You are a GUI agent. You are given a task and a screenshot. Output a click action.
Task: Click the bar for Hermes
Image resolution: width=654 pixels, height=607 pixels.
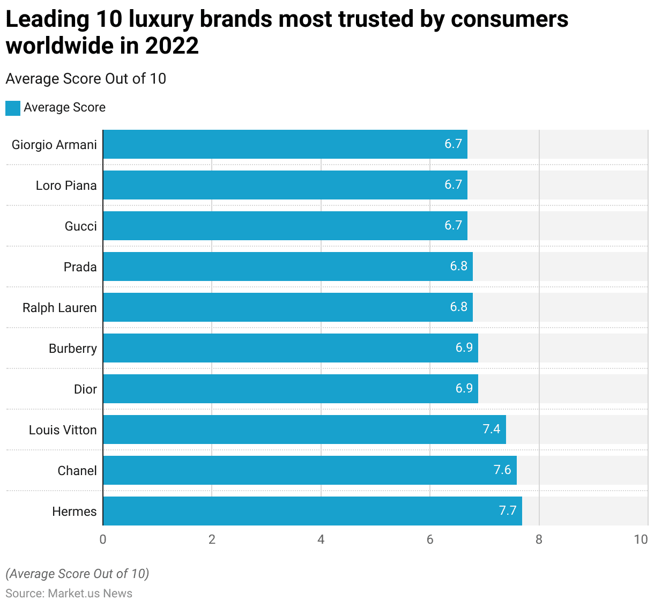pyautogui.click(x=312, y=511)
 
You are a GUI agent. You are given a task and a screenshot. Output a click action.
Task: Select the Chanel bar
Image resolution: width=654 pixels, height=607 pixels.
pyautogui.click(x=309, y=470)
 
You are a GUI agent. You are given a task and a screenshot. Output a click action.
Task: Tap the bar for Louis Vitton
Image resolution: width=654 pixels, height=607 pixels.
pyautogui.click(x=304, y=430)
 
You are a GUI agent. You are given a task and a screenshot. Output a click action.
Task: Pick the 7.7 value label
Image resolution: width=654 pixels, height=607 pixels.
pyautogui.click(x=507, y=510)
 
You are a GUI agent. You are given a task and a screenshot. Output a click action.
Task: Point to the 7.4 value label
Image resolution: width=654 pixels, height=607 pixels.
pyautogui.click(x=491, y=429)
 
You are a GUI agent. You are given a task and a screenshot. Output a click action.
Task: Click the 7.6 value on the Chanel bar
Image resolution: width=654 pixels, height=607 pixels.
pyautogui.click(x=502, y=470)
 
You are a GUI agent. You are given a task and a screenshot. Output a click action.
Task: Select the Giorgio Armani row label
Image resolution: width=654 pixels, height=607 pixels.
pyautogui.click(x=54, y=145)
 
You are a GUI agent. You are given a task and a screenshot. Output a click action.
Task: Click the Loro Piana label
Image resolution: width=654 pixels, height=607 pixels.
pyautogui.click(x=66, y=186)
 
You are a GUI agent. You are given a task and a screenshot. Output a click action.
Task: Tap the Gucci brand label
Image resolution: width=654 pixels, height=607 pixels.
pyautogui.click(x=80, y=226)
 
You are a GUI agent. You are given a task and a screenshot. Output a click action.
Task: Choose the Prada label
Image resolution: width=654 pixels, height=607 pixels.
pyautogui.click(x=80, y=267)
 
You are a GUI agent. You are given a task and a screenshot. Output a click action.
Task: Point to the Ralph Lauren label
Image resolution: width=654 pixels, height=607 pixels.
pyautogui.click(x=60, y=308)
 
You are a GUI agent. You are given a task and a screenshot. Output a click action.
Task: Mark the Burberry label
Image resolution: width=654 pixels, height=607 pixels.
pyautogui.click(x=72, y=349)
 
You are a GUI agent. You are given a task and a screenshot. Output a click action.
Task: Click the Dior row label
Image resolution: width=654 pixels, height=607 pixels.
pyautogui.click(x=85, y=389)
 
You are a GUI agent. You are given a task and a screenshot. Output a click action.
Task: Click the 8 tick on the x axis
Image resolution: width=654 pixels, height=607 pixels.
pyautogui.click(x=539, y=539)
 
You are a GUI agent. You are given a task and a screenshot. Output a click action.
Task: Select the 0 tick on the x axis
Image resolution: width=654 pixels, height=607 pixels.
pyautogui.click(x=103, y=539)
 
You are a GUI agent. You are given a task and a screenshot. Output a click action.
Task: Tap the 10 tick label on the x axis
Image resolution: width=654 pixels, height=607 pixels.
pyautogui.click(x=641, y=539)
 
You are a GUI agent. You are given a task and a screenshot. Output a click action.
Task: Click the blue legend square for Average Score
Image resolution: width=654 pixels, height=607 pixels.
pyautogui.click(x=13, y=108)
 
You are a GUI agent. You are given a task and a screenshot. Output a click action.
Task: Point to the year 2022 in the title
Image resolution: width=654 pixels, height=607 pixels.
pyautogui.click(x=172, y=46)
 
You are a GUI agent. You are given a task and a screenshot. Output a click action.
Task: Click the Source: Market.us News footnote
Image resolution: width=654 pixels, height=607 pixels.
pyautogui.click(x=69, y=594)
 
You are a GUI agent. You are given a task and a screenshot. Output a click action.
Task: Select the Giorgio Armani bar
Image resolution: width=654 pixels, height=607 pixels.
pyautogui.click(x=285, y=144)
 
